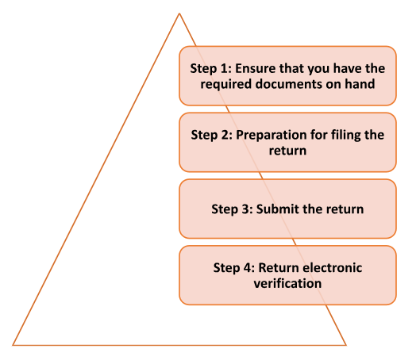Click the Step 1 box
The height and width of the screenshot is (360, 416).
tap(287, 75)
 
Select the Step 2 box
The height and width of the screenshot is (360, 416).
tap(287, 142)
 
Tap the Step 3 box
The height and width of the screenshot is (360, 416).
tap(287, 209)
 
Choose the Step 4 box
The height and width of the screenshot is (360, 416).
tap(287, 275)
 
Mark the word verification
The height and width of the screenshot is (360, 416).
tap(287, 283)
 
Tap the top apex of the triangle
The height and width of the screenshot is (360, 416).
tap(179, 13)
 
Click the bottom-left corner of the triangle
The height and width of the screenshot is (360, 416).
tap(13, 344)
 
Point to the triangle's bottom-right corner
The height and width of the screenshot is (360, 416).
tap(346, 344)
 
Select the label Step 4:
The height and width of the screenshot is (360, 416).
tap(234, 267)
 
